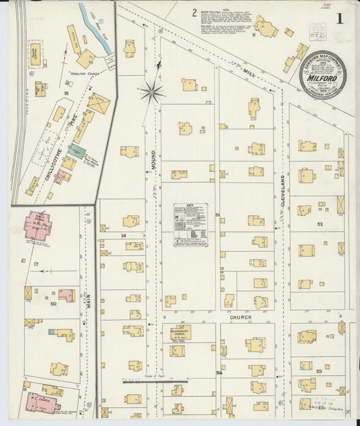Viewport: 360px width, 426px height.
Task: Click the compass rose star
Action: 152,92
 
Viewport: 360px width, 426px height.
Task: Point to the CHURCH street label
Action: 239,317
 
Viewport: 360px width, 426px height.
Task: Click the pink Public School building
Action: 38,225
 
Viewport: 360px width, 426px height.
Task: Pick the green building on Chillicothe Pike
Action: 77,151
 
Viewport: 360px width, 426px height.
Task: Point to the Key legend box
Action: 190,224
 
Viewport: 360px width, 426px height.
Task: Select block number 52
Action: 319,223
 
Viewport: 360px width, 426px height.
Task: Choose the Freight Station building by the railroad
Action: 35,56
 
